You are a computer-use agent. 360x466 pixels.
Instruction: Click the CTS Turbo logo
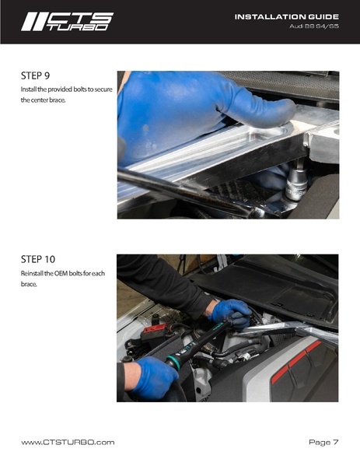(x=67, y=22)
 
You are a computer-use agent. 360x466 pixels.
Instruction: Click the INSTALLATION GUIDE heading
(x=287, y=16)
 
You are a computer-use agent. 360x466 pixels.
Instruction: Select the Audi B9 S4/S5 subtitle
(x=314, y=26)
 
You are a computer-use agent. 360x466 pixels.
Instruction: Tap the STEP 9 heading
(x=35, y=75)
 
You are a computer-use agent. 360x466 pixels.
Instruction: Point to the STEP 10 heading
(x=38, y=259)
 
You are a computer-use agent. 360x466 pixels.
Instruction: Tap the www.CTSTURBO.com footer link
(x=68, y=442)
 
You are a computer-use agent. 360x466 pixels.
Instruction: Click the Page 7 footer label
(x=323, y=442)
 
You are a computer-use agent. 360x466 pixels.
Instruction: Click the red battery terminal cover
(x=155, y=329)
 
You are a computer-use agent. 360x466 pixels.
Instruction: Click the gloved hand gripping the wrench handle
(x=152, y=377)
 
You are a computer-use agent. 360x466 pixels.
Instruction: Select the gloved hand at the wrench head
(x=232, y=313)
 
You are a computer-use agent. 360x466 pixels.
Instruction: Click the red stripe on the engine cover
(x=298, y=361)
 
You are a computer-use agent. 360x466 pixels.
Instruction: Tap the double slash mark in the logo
(x=33, y=22)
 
